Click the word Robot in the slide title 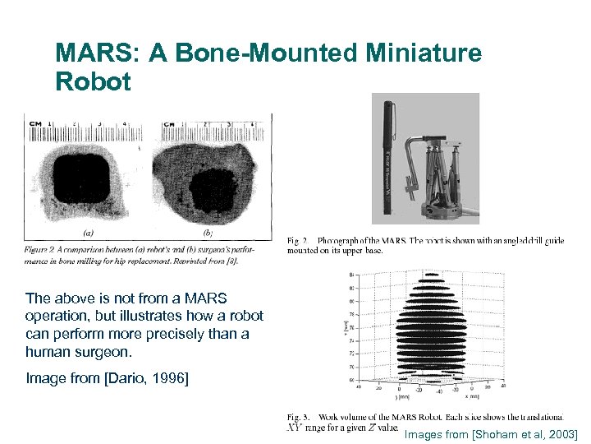93,82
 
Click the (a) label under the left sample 88,234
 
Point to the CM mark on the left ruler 34,125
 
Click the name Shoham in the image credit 484,433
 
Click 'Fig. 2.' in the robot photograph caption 298,241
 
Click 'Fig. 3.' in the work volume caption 298,417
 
